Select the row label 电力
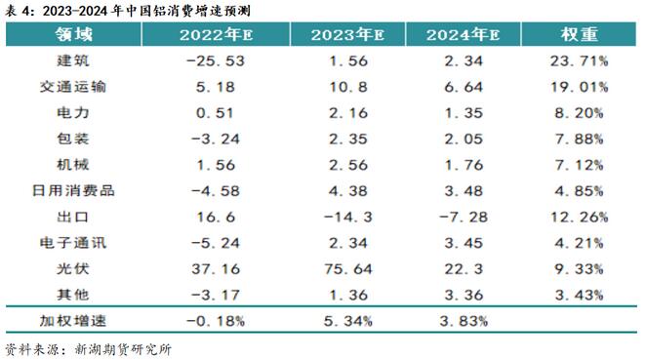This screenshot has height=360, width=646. click(x=74, y=111)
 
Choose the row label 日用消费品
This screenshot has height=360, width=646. click(x=74, y=188)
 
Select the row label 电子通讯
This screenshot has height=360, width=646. click(x=74, y=240)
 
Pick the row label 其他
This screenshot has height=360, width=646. click(x=74, y=292)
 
